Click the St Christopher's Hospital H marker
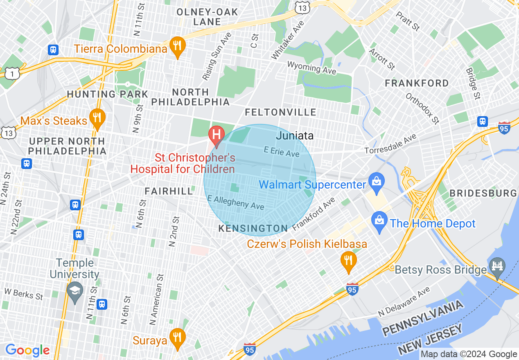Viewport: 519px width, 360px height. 217,135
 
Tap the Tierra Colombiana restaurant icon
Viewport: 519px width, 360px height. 177,46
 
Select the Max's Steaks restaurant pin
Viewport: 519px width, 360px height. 97,118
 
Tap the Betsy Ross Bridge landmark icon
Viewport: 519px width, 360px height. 497,266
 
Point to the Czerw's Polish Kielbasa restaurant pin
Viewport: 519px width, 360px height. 348,260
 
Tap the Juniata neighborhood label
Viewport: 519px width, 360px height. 295,135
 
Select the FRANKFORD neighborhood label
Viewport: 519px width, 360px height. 417,83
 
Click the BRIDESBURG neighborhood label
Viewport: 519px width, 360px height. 483,193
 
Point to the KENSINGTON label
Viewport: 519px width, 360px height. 253,228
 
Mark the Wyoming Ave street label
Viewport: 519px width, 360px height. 311,68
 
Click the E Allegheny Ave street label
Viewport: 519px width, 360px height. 236,202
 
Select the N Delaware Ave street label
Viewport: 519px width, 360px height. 404,301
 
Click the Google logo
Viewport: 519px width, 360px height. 27,350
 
